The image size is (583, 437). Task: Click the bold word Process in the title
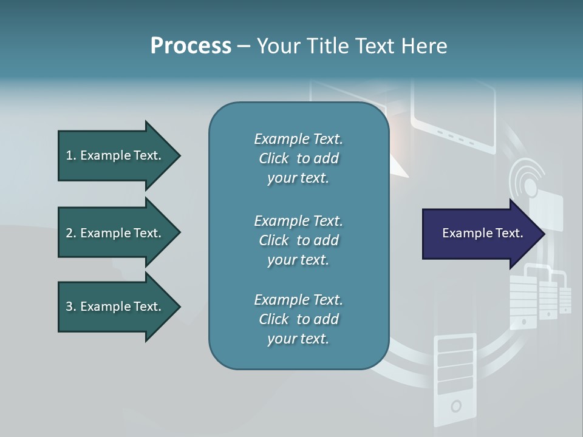point(191,46)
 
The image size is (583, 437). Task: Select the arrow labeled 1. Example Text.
point(119,155)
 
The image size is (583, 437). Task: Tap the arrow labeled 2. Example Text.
point(119,233)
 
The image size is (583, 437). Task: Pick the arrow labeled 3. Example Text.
point(119,307)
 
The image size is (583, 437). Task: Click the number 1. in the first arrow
point(71,155)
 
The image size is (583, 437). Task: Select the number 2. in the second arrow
point(71,233)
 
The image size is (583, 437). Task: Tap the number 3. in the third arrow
point(71,307)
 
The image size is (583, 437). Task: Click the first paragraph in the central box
point(298,158)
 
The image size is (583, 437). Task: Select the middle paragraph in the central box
point(298,240)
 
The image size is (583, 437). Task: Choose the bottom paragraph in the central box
point(298,319)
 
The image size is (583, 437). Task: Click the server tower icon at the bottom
point(454,379)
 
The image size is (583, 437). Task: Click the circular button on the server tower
point(455,405)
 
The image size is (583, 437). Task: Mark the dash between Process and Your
point(244,46)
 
